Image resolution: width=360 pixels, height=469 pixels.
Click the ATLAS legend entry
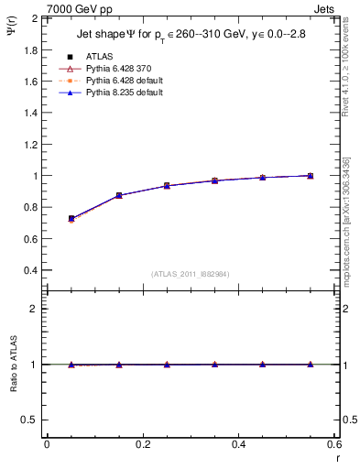99,56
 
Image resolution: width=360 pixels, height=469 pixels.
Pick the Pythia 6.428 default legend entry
123,81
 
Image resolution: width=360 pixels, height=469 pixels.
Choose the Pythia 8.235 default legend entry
123,93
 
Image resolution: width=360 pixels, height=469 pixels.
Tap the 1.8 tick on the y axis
29,49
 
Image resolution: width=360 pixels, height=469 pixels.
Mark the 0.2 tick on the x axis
142,444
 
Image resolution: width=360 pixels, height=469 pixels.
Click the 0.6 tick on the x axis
333,444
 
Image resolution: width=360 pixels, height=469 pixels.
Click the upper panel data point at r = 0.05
71,219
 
